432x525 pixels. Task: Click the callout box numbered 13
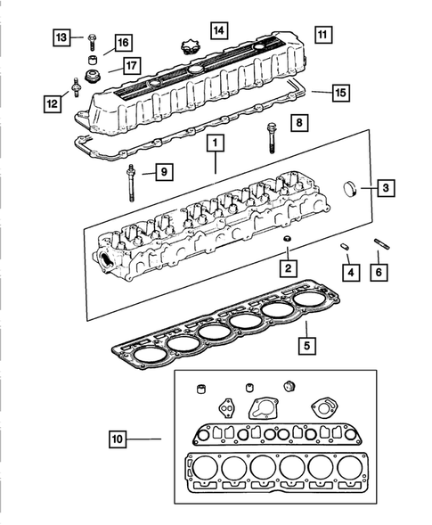click(x=61, y=37)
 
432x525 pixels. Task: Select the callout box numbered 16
click(x=120, y=42)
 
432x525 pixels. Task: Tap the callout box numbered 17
click(x=130, y=64)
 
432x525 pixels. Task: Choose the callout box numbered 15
click(x=344, y=92)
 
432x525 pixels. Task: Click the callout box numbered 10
click(x=121, y=438)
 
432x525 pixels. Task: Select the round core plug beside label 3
click(x=353, y=189)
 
